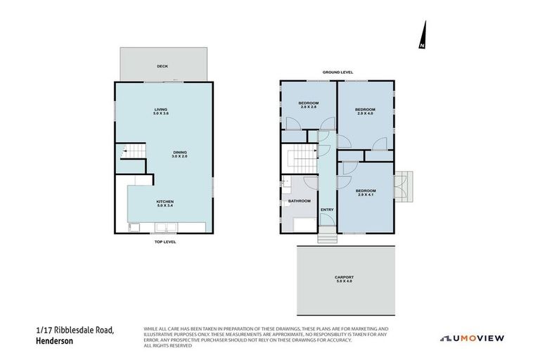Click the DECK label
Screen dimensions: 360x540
tap(162, 67)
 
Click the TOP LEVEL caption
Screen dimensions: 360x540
tap(165, 242)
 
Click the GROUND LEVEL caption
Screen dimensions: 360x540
tap(337, 72)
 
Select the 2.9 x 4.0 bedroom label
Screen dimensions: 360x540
tap(365, 111)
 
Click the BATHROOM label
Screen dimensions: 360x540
tap(300, 201)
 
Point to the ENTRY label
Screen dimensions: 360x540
tap(327, 210)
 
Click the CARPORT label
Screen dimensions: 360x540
tap(344, 279)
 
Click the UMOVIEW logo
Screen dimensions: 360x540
tap(472, 338)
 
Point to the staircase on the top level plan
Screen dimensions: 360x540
tap(134, 150)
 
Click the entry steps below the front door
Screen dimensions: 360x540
tap(327, 238)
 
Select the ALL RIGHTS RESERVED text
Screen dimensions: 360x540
tap(168, 346)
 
